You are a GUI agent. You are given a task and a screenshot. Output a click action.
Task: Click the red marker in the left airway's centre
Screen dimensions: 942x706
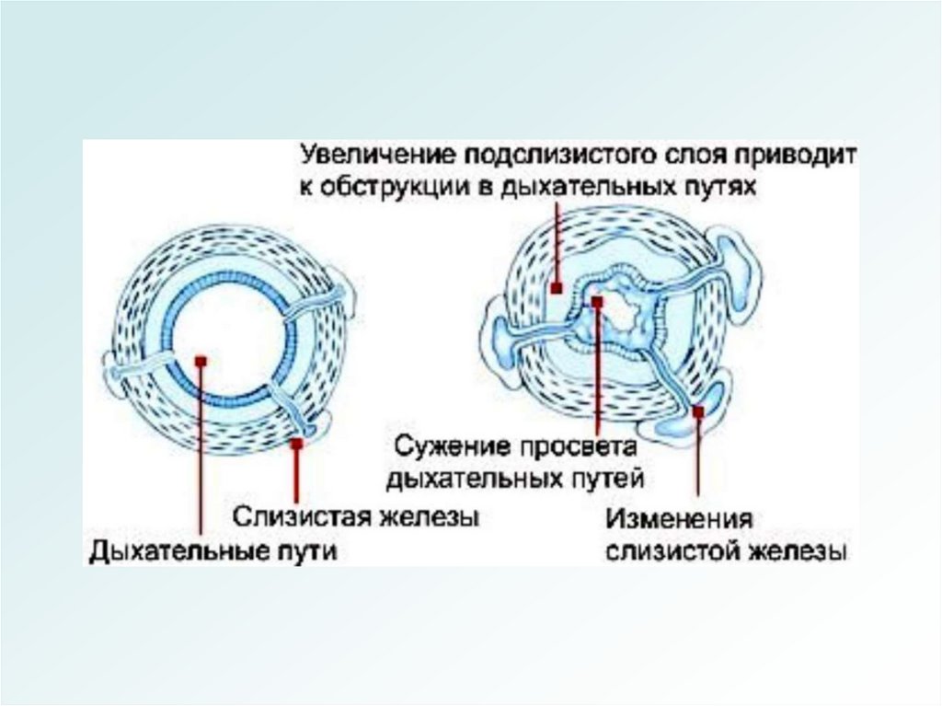[x=201, y=361]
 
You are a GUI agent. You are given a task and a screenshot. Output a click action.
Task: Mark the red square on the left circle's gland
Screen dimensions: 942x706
[x=296, y=444]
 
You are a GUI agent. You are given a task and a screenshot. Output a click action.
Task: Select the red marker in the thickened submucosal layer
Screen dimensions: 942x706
[x=557, y=287]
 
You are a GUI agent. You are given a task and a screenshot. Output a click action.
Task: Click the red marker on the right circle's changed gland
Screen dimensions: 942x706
[x=698, y=413]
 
